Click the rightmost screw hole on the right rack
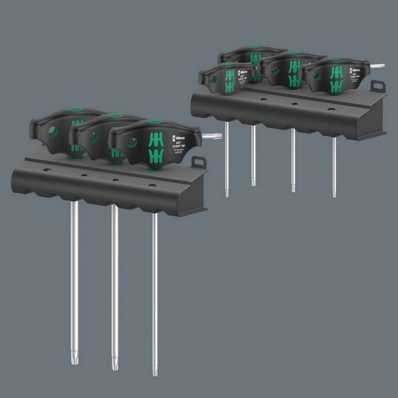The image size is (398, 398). click(x=330, y=109)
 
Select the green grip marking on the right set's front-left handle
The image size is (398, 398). click(x=229, y=81)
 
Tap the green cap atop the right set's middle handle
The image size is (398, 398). click(x=294, y=53)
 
